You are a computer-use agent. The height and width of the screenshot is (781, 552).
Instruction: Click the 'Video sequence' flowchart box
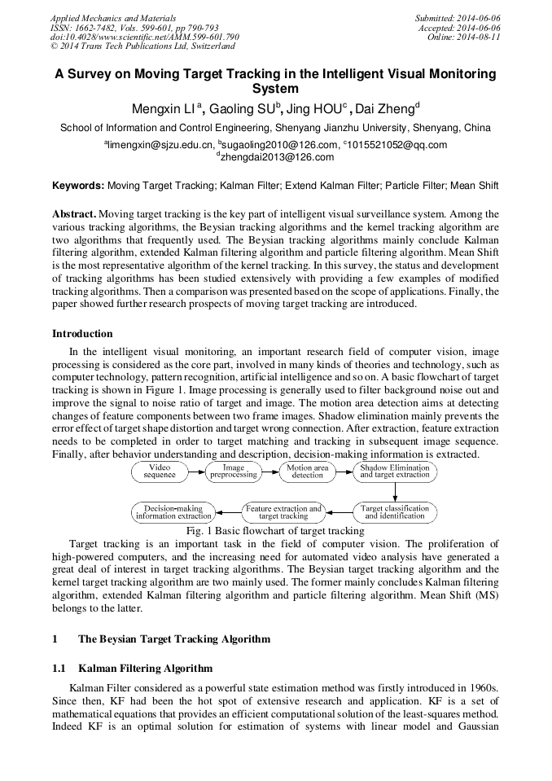click(160, 472)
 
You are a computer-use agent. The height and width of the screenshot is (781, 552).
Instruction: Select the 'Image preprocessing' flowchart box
click(234, 472)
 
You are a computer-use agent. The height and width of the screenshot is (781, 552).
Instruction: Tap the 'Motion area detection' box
click(308, 472)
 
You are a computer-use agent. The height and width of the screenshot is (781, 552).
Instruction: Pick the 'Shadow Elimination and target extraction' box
click(395, 472)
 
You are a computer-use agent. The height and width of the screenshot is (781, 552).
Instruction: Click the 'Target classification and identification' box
click(395, 512)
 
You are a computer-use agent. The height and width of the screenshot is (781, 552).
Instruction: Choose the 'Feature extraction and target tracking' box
click(283, 512)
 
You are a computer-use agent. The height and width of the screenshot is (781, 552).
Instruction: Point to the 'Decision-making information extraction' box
click(173, 512)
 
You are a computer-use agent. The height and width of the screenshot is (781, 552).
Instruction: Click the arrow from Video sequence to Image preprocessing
click(196, 472)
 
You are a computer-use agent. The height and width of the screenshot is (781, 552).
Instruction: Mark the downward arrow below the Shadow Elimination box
click(395, 492)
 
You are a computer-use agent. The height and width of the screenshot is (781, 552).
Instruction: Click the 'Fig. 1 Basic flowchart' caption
click(275, 531)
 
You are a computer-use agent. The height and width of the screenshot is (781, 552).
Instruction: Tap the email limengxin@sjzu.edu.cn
click(159, 145)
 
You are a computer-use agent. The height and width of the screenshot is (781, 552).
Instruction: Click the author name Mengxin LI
click(165, 109)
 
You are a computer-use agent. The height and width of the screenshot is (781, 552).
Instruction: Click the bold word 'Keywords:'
click(78, 186)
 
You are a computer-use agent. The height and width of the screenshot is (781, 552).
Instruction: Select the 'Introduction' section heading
click(82, 333)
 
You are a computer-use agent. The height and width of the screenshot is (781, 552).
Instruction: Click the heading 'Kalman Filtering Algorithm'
click(145, 669)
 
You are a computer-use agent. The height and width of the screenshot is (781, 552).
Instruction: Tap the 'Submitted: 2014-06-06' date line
click(458, 17)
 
